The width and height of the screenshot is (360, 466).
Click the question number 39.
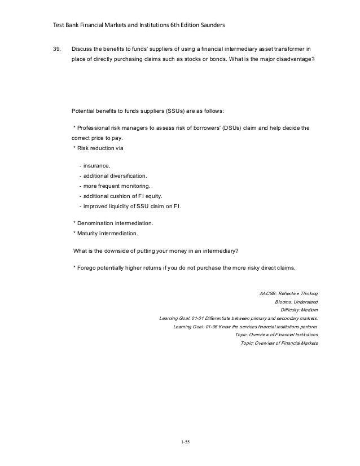point(56,49)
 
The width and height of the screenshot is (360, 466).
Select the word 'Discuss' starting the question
point(82,49)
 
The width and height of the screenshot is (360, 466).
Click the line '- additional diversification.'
point(114,176)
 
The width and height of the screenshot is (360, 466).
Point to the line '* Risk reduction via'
point(99,147)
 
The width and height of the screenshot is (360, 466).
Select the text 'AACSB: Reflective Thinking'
point(288,293)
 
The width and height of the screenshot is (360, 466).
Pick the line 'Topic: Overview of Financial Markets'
point(279,343)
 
